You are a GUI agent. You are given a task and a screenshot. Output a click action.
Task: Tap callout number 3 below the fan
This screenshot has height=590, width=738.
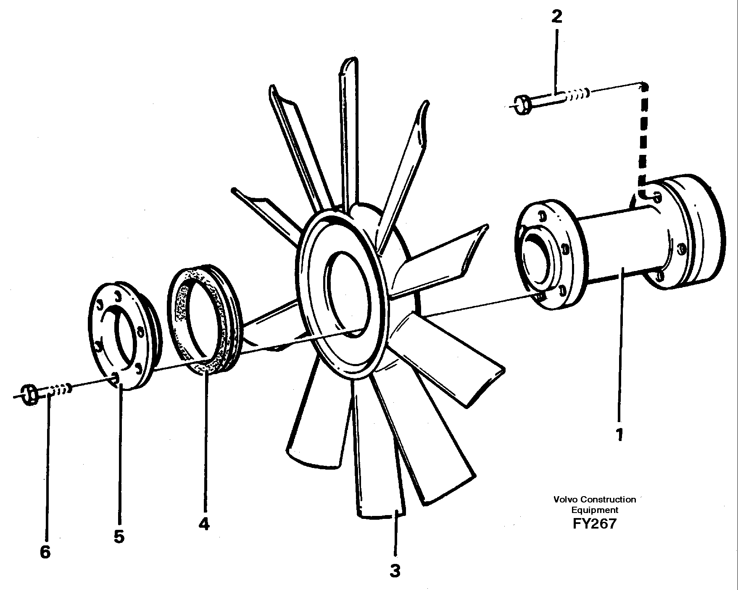pyautogui.click(x=395, y=571)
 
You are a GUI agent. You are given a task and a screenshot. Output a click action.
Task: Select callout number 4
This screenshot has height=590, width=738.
pyautogui.click(x=204, y=524)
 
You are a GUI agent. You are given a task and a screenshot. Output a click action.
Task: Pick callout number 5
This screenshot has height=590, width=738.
pyautogui.click(x=119, y=537)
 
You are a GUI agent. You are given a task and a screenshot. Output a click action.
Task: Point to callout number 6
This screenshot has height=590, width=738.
pyautogui.click(x=45, y=552)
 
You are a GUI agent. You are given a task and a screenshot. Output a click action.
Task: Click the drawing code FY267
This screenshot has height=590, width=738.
pyautogui.click(x=594, y=524)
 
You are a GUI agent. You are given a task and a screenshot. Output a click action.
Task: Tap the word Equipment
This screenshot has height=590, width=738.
pyautogui.click(x=594, y=510)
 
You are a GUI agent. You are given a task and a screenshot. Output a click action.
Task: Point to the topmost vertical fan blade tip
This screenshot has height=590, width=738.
pyautogui.click(x=349, y=65)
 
